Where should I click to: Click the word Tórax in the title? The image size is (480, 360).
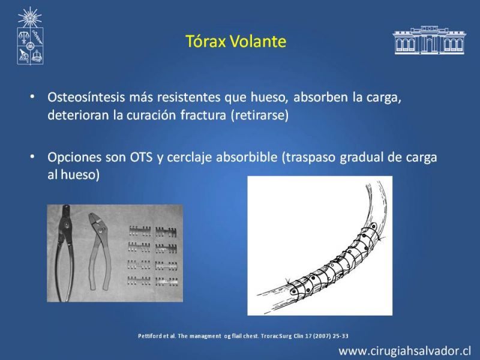click(x=206, y=41)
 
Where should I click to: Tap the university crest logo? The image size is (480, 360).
click(x=29, y=36)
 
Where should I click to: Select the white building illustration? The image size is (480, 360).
click(x=430, y=40)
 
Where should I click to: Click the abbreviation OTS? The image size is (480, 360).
click(x=141, y=157)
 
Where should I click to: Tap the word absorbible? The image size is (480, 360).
click(x=247, y=157)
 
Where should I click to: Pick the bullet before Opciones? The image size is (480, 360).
click(x=32, y=157)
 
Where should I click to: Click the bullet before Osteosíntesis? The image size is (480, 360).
click(x=32, y=97)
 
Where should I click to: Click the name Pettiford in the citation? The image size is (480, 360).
click(x=148, y=336)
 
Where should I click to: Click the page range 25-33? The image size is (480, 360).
click(x=340, y=336)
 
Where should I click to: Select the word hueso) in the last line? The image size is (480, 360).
click(x=80, y=175)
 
